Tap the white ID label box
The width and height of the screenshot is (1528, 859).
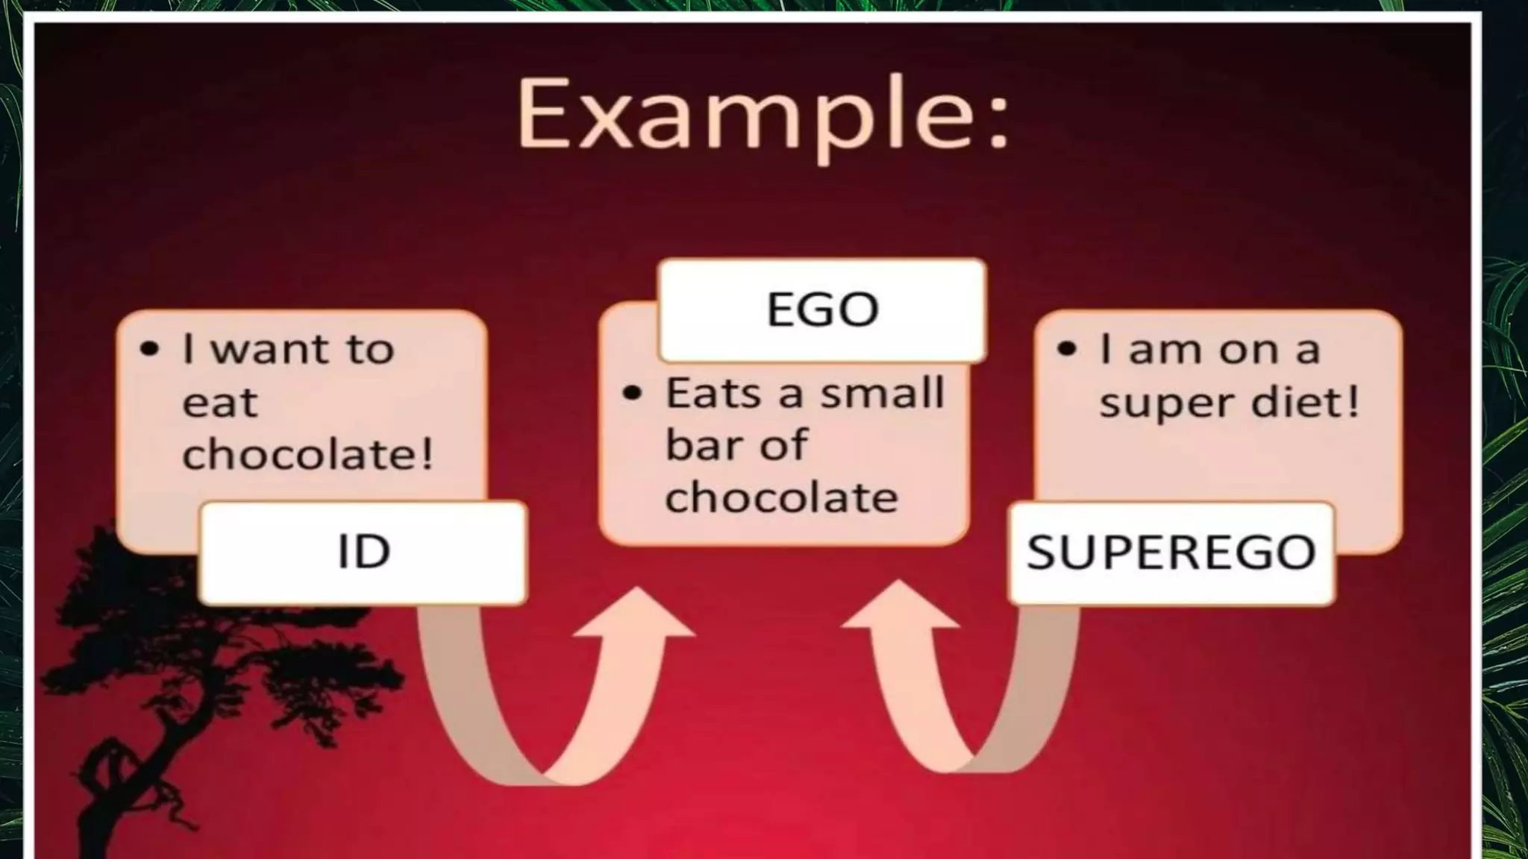point(363,553)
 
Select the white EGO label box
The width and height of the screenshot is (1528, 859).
point(822,309)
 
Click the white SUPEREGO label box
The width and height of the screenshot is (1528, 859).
point(1171,553)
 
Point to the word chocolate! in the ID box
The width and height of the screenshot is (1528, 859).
point(307,454)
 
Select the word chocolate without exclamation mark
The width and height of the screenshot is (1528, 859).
point(781,497)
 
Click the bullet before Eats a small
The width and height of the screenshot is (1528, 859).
point(632,393)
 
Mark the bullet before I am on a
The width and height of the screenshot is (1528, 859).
point(1067,349)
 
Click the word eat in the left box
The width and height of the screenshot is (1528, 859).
point(219,403)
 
